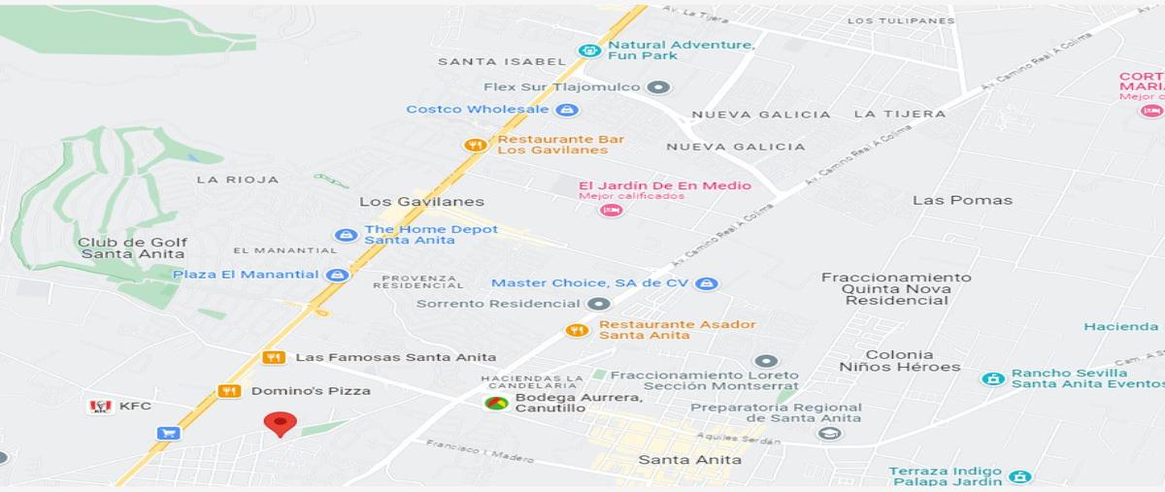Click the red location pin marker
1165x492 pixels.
(x=281, y=423)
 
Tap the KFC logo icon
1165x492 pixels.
(x=99, y=407)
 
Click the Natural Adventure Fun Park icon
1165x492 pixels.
(x=588, y=50)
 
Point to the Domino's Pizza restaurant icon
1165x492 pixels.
(x=229, y=391)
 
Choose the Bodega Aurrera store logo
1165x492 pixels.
(x=496, y=403)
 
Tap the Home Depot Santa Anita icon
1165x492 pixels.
(x=345, y=235)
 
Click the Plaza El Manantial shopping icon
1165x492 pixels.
(x=337, y=275)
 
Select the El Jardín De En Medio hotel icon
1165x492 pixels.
(x=610, y=210)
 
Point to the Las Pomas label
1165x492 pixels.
(x=962, y=201)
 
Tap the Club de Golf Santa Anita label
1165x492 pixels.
(x=133, y=248)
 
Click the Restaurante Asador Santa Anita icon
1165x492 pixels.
(x=577, y=330)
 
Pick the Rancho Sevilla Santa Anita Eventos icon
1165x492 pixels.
(x=992, y=378)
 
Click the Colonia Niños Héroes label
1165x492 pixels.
(x=899, y=361)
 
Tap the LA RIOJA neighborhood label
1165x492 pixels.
(x=237, y=180)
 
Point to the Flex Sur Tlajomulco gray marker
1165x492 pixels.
(x=659, y=87)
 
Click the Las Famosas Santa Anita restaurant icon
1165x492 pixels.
(x=274, y=357)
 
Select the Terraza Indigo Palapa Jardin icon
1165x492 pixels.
(x=1019, y=476)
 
